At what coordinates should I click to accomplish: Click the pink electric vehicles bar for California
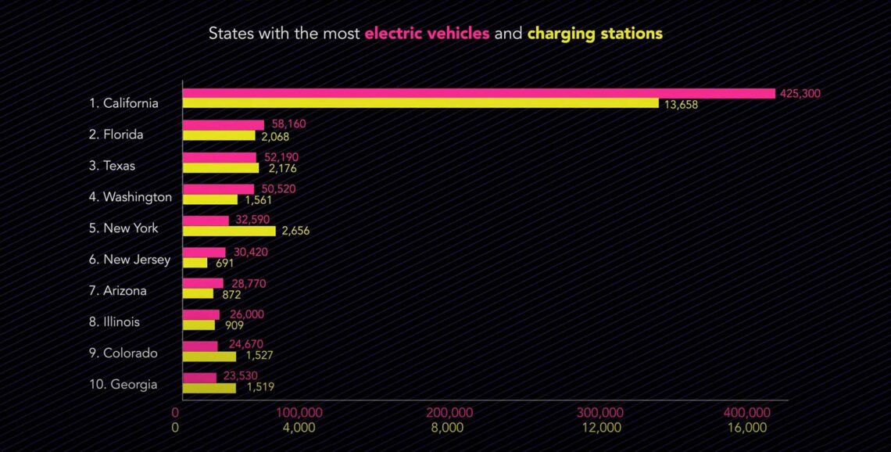click(478, 93)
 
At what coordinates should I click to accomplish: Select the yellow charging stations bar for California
click(420, 103)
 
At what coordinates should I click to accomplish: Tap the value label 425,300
click(800, 93)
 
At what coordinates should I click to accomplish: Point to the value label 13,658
click(681, 105)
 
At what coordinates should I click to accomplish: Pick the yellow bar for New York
click(229, 231)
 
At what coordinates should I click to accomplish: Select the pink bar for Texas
click(220, 157)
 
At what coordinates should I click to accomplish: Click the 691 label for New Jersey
click(225, 263)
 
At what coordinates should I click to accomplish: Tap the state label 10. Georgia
click(123, 385)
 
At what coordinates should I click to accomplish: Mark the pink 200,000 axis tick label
click(451, 413)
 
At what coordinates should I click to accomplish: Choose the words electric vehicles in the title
click(427, 34)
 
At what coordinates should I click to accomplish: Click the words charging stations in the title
click(595, 34)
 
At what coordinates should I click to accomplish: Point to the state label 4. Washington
click(130, 197)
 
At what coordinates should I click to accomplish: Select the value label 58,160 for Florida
click(288, 124)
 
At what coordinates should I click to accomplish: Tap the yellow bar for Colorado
click(209, 357)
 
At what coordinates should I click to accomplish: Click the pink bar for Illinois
click(201, 314)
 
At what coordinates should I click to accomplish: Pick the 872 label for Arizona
click(231, 295)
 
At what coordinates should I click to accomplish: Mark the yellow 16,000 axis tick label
click(746, 428)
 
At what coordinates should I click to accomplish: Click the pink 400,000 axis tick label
click(746, 413)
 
